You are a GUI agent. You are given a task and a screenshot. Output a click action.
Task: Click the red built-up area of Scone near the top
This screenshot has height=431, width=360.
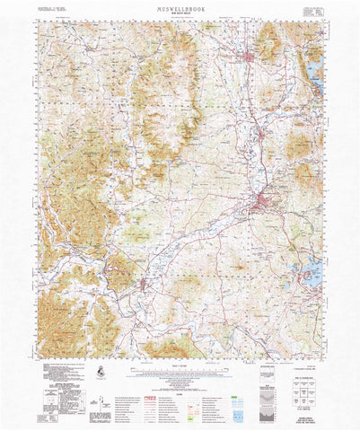[x=250, y=59]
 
